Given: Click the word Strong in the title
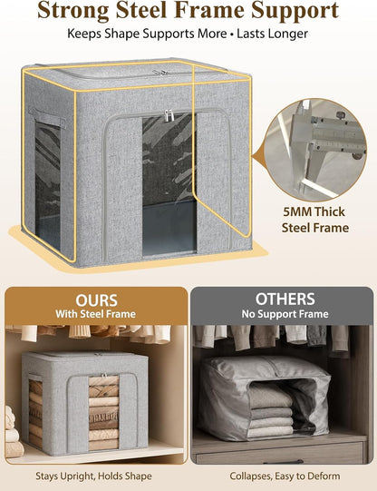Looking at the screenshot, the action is coord(73,10).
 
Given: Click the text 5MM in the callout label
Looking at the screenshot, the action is coord(297,211).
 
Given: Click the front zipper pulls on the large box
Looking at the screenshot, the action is coord(169,115).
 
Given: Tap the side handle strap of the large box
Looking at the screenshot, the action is coord(47,116).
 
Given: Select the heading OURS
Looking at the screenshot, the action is coord(96,300).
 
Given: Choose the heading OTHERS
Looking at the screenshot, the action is coord(285,299).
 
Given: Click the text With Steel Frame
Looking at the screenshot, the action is coord(96,314).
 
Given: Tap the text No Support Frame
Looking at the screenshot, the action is coord(285,314).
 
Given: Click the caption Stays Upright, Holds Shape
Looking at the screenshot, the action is coord(93,476).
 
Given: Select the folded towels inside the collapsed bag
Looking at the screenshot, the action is coord(271,408).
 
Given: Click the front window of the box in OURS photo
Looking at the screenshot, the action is coord(104,412).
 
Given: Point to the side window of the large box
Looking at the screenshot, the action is coord(47,186).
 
